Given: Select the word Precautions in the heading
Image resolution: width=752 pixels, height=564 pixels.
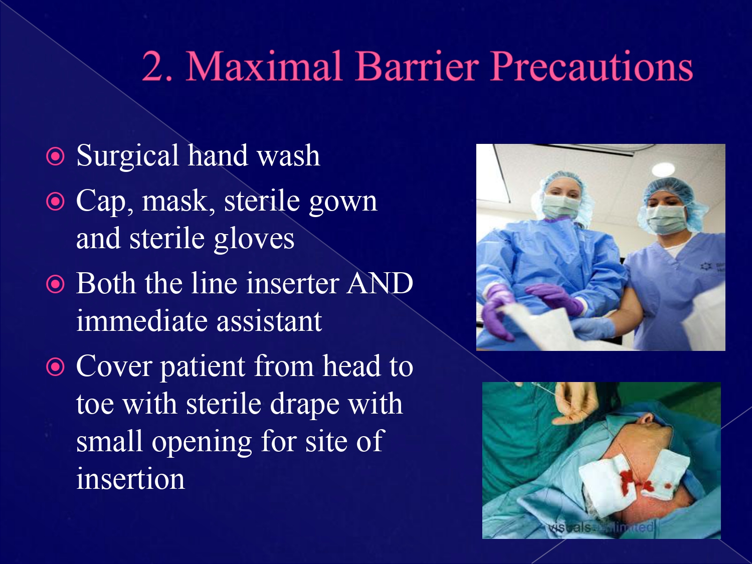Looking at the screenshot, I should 592,67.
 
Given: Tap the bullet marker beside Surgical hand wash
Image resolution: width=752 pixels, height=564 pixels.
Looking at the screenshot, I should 55,157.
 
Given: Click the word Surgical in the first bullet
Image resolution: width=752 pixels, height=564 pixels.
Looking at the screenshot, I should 127,156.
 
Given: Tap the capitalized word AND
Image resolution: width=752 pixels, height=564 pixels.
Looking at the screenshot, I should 380,284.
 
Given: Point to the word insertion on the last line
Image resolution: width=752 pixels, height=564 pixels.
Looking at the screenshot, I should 130,479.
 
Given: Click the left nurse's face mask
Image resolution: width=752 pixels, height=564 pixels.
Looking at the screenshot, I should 560,207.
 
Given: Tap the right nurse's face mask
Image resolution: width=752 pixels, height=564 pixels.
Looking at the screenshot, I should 666,219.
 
